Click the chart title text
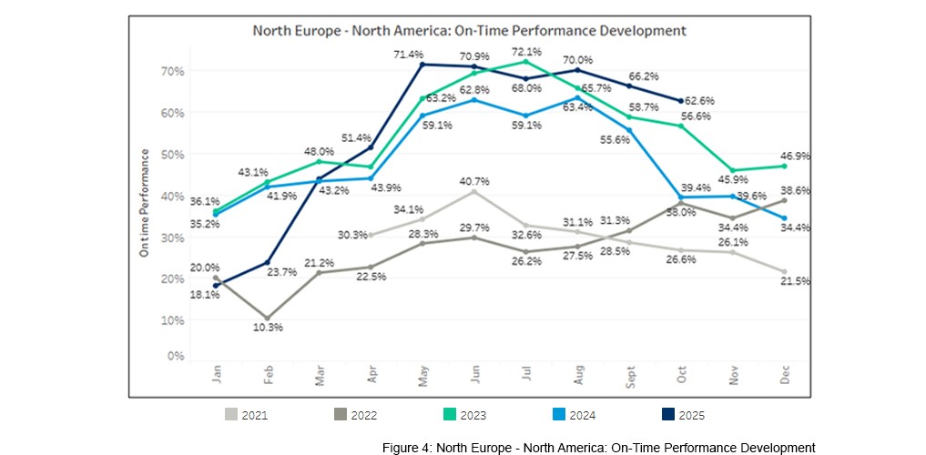click(x=469, y=31)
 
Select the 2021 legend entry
click(x=247, y=415)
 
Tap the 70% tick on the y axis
click(x=173, y=71)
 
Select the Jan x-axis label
click(x=217, y=376)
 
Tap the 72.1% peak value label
click(x=526, y=51)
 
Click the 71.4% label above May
click(x=422, y=55)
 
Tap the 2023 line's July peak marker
click(x=525, y=62)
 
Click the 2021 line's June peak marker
click(x=473, y=192)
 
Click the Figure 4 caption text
click(x=598, y=448)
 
